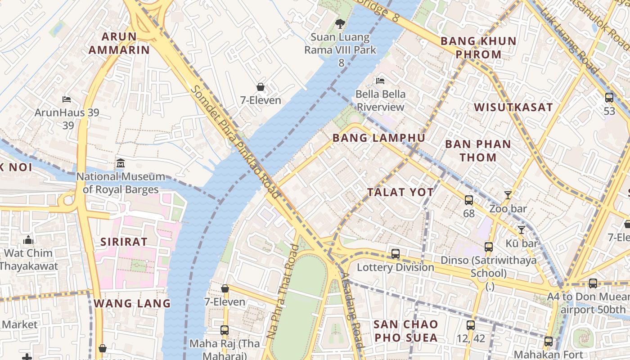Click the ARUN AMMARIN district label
pyautogui.click(x=119, y=43)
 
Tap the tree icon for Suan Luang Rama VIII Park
pyautogui.click(x=340, y=23)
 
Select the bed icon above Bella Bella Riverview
pyautogui.click(x=380, y=81)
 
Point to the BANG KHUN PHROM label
pyautogui.click(x=478, y=48)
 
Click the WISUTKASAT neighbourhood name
pyautogui.click(x=513, y=107)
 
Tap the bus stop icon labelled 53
pyautogui.click(x=609, y=97)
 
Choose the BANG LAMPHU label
pyautogui.click(x=378, y=138)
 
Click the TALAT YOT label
pyautogui.click(x=400, y=192)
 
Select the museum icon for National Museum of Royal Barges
pyautogui.click(x=121, y=163)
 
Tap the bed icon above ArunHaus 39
pyautogui.click(x=67, y=99)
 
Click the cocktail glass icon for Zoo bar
pyautogui.click(x=508, y=195)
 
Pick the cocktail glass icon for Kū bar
pyautogui.click(x=521, y=230)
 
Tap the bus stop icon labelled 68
pyautogui.click(x=468, y=200)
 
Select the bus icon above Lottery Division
pyautogui.click(x=395, y=254)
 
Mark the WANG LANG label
pyautogui.click(x=132, y=303)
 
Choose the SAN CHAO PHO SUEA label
pyautogui.click(x=406, y=331)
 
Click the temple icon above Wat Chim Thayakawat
pyautogui.click(x=28, y=239)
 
